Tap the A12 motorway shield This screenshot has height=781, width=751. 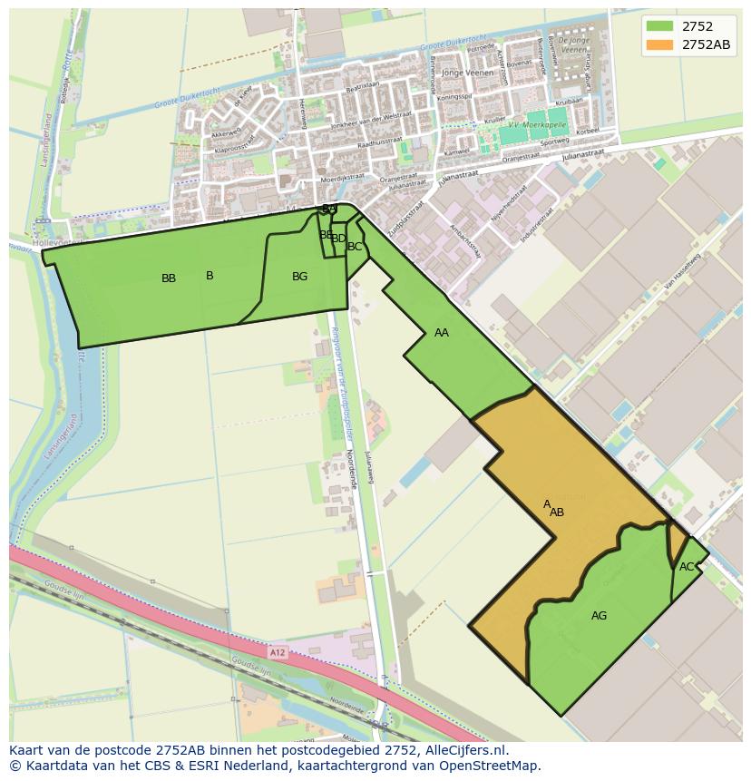(278, 652)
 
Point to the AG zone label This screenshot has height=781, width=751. (599, 616)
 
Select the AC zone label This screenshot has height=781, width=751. (687, 567)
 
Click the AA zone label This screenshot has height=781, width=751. (442, 333)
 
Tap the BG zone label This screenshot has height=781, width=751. (300, 277)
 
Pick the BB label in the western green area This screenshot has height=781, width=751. (169, 278)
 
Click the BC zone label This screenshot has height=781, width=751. (355, 247)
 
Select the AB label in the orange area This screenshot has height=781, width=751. (557, 513)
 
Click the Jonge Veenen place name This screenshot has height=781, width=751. (465, 73)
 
